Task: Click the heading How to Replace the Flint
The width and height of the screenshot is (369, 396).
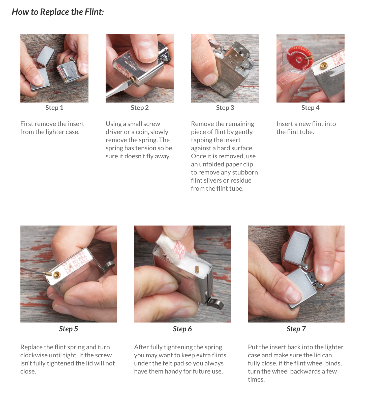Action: (58, 12)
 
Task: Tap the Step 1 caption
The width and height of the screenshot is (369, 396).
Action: (54, 108)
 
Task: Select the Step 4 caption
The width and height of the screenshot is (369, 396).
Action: (310, 108)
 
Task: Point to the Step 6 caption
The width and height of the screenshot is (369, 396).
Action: (182, 329)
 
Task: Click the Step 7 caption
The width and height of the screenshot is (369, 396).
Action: (296, 329)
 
